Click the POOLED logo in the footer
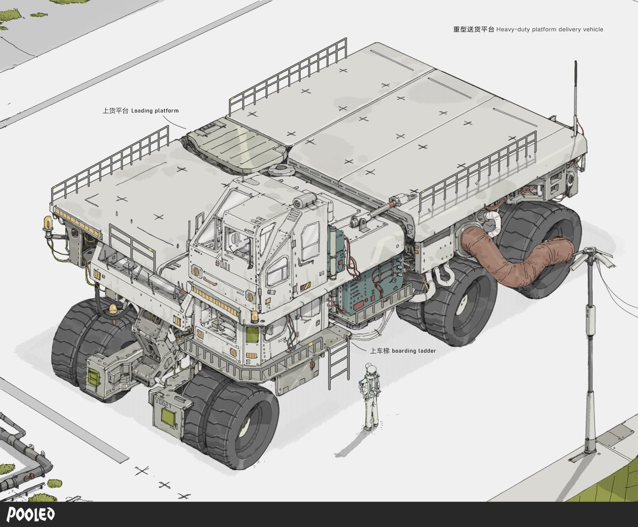30,514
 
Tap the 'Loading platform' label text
155,110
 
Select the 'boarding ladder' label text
414,351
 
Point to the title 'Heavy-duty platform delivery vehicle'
550,29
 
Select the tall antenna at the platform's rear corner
576,98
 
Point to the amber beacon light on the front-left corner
48,224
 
